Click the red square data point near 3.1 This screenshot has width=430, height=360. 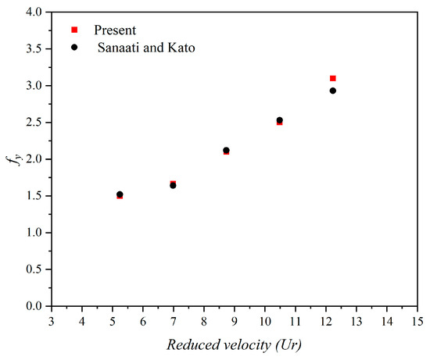[333, 78]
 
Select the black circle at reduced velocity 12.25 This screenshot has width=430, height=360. [333, 91]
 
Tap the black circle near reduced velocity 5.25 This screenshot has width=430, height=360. [120, 194]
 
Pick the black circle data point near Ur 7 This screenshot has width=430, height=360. [173, 185]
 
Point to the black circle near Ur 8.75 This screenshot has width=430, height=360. [226, 150]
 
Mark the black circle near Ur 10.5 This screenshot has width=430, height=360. [280, 120]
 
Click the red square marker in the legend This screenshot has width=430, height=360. [74, 30]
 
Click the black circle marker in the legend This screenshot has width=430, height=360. [74, 47]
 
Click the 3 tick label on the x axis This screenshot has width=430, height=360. [52, 320]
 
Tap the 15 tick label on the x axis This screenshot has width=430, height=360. [417, 320]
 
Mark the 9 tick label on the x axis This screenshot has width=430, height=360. [235, 320]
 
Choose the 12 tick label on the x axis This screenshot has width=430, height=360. [326, 320]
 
